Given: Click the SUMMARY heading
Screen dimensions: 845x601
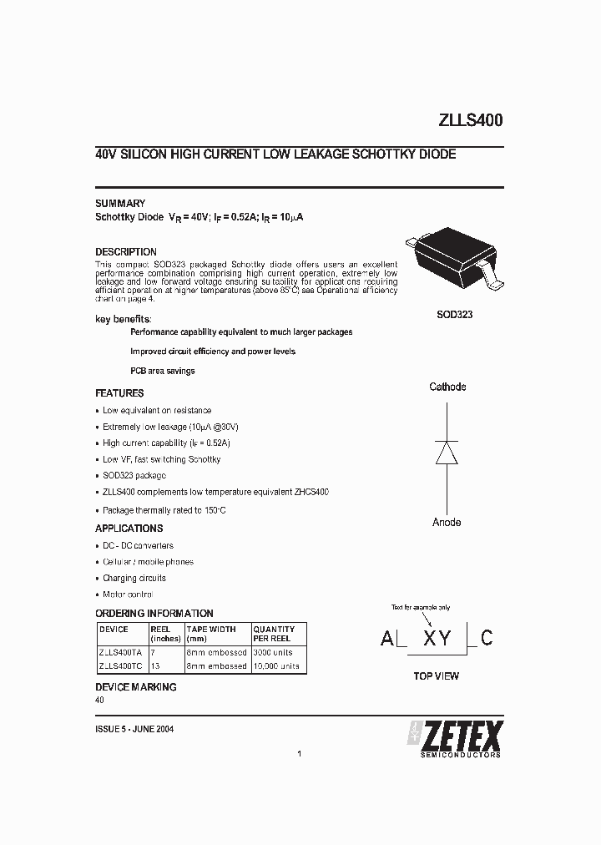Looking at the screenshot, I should click(x=120, y=203).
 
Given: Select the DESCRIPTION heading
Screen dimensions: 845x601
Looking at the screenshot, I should click(x=126, y=252).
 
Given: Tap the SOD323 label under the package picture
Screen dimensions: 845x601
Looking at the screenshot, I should click(x=454, y=316).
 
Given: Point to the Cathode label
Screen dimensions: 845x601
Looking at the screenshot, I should click(x=447, y=387).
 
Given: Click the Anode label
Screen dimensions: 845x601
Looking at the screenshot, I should click(x=447, y=522).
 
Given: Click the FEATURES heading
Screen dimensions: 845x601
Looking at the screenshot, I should click(x=119, y=393).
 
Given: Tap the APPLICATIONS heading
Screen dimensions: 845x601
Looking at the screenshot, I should click(x=129, y=529).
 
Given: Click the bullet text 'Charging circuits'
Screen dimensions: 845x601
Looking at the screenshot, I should click(x=134, y=578).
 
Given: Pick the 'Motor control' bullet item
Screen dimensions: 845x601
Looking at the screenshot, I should click(x=128, y=595).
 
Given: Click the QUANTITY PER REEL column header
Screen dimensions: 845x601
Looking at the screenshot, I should click(x=274, y=634).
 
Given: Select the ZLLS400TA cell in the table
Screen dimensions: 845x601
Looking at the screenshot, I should click(x=120, y=652).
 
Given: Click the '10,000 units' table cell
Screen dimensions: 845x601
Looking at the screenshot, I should click(x=276, y=666).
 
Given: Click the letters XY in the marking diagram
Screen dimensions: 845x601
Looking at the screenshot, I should click(x=437, y=639).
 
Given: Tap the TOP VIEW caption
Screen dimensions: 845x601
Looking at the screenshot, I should click(x=436, y=676).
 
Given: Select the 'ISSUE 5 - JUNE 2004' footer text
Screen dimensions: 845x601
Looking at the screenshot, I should click(x=134, y=728).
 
